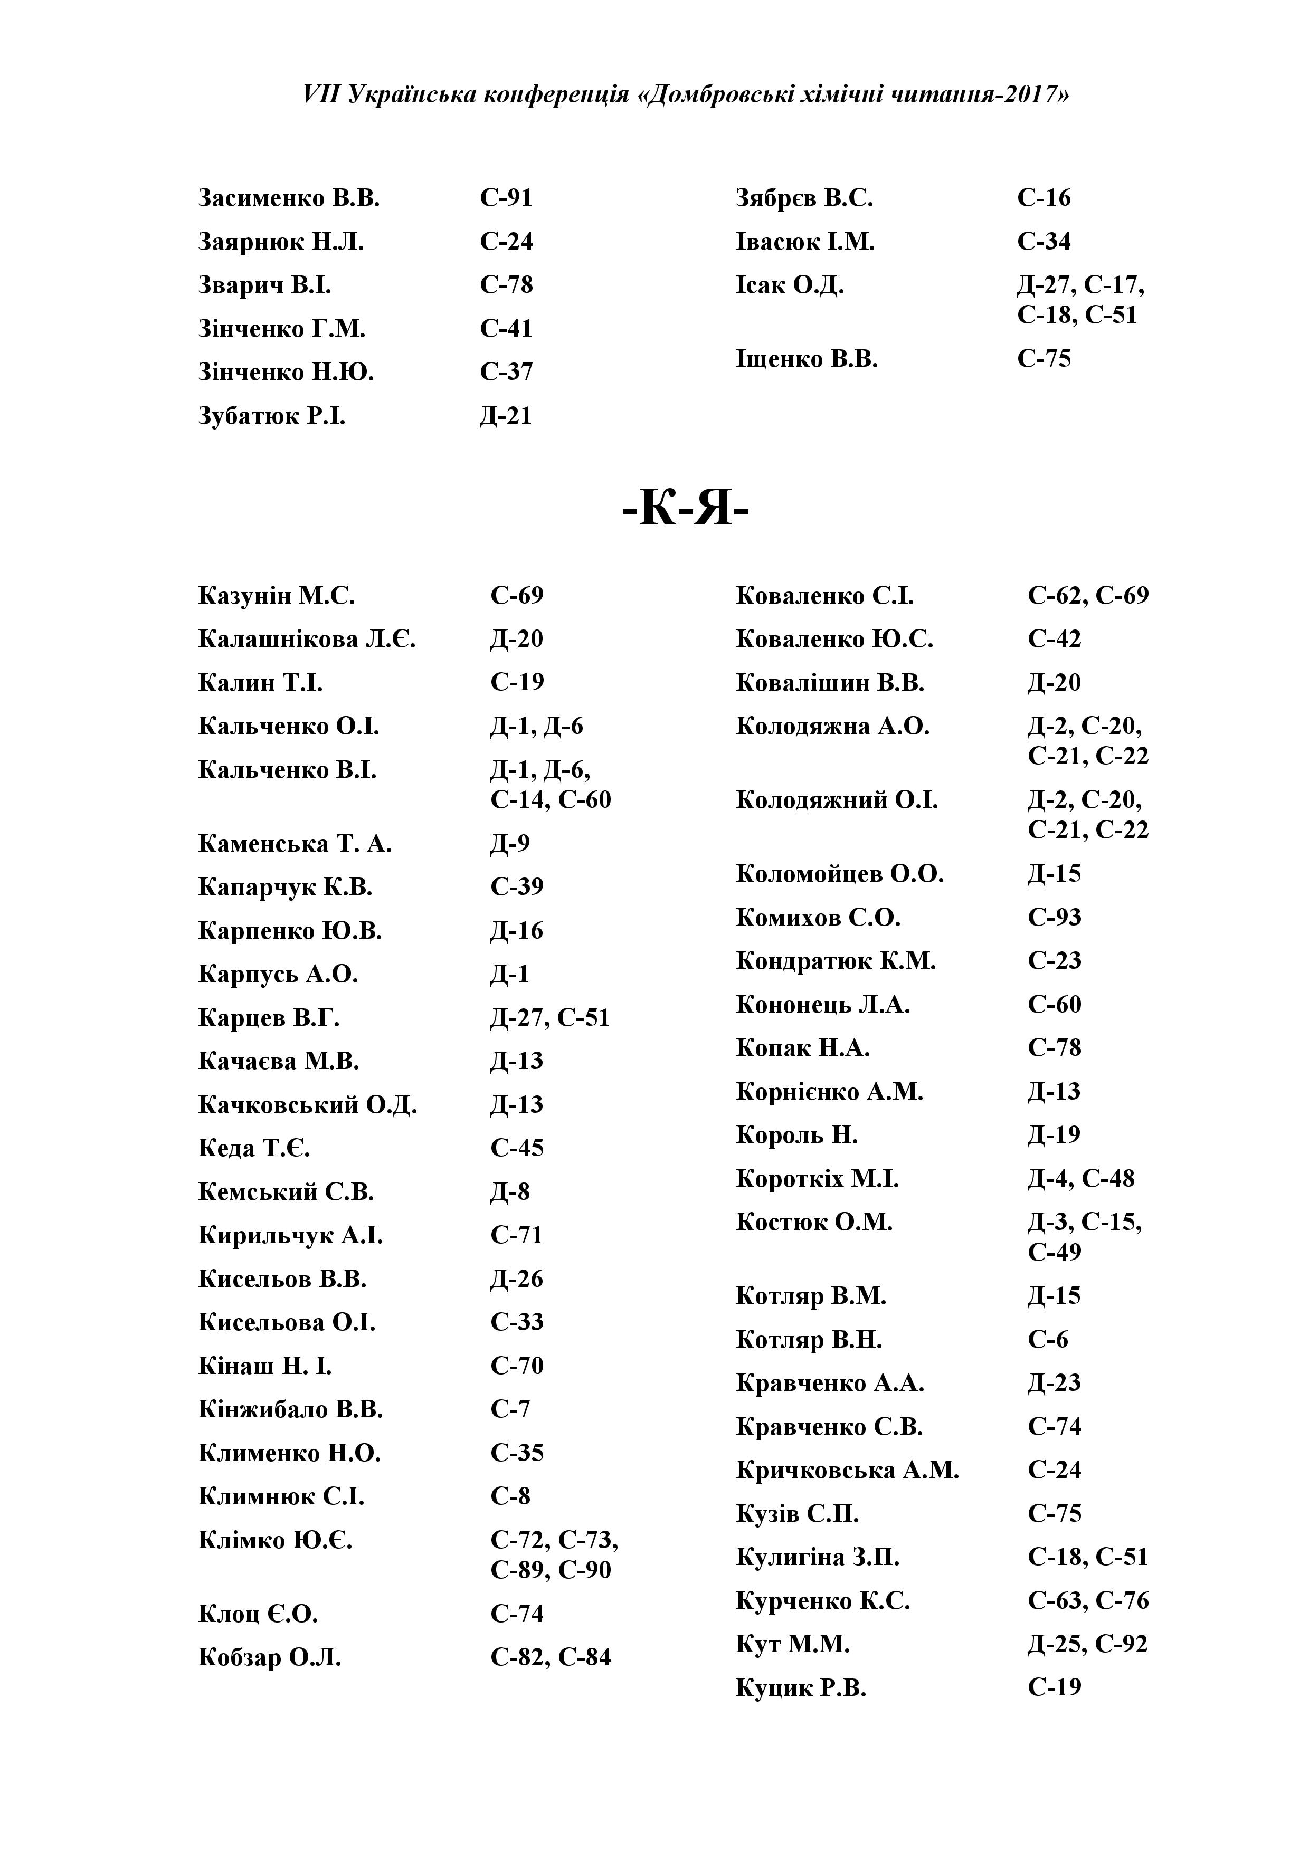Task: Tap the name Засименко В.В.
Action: click(289, 198)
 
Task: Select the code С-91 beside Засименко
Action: click(506, 198)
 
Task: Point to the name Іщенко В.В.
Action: click(807, 359)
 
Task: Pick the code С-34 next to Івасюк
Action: click(1044, 242)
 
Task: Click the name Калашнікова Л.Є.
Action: click(307, 640)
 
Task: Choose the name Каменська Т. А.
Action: click(295, 844)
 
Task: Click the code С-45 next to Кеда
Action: click(517, 1148)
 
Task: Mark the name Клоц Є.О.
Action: click(258, 1615)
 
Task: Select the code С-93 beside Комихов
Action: click(1054, 918)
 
